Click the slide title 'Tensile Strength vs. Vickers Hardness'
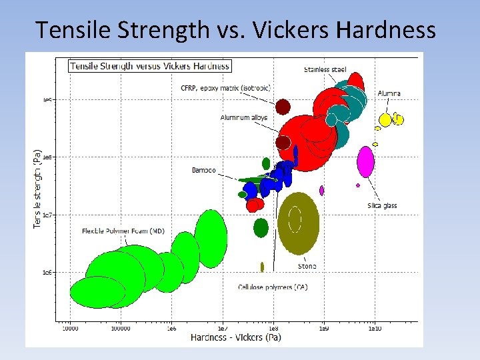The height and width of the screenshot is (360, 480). [235, 30]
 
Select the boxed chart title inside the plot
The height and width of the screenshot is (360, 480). [150, 65]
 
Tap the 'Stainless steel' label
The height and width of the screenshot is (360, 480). [325, 70]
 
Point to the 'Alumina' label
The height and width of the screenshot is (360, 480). [389, 93]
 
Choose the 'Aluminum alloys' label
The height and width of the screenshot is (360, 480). [244, 118]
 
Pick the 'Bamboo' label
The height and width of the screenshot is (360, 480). [204, 170]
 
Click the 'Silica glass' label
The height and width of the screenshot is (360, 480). [382, 205]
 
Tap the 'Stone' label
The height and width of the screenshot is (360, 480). [307, 266]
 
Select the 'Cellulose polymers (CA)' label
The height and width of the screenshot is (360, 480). [273, 287]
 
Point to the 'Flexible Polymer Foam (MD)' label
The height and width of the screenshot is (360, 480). [123, 231]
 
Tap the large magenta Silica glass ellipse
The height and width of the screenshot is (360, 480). [365, 162]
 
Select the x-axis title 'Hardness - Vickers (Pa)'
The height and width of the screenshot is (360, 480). [235, 337]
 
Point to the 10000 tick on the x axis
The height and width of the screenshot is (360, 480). [70, 328]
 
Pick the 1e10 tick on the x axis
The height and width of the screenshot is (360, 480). [374, 328]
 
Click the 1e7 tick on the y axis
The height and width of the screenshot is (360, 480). [47, 215]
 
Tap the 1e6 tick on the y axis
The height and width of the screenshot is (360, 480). [47, 273]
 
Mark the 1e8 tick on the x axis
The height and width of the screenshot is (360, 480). [273, 328]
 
